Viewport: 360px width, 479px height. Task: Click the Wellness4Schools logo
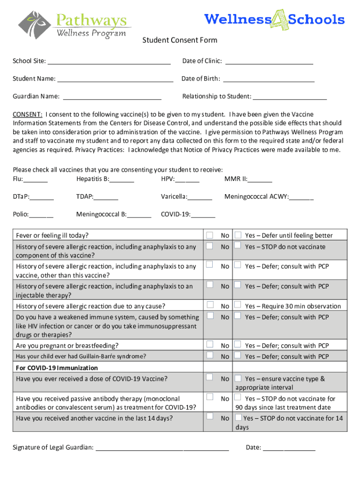tap(274, 20)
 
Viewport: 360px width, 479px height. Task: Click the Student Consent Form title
tap(180, 40)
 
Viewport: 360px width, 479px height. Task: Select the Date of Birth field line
tap(268, 80)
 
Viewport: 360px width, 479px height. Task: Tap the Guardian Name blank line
tap(112, 97)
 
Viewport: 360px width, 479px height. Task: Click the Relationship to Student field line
tap(290, 97)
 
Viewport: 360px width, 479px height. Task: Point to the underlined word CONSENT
tap(28, 114)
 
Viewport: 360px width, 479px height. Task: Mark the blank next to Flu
tap(36, 180)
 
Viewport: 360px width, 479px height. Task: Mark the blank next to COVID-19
tap(203, 215)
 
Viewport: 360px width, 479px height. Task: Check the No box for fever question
tap(210, 235)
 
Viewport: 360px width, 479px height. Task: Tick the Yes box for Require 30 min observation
tap(238, 305)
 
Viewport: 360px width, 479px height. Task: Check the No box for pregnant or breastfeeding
tap(210, 345)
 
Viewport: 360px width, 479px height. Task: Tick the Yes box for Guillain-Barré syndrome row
tap(238, 356)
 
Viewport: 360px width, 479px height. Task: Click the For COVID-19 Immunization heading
tap(57, 368)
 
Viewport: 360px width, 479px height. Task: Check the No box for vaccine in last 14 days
tap(210, 416)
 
